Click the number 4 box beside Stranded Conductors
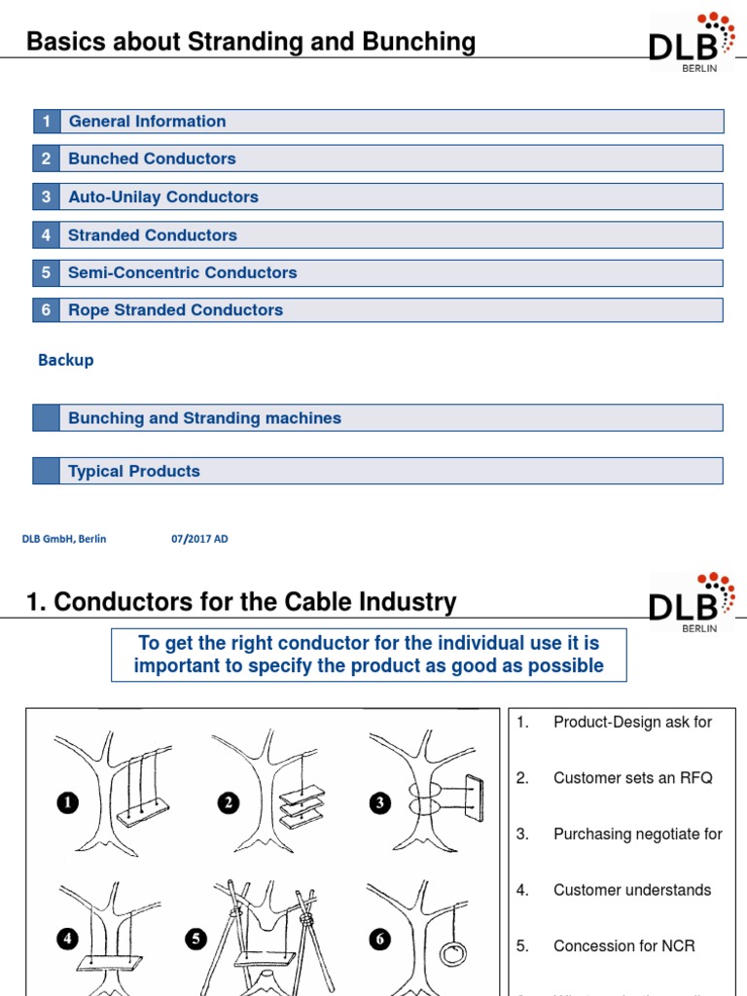pos(46,235)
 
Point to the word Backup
pos(66,360)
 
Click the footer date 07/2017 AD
pos(199,539)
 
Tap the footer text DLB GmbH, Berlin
pos(64,539)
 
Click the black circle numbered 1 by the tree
pos(68,802)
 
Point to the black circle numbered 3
pos(379,802)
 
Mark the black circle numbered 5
pos(196,939)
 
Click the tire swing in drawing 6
pos(452,952)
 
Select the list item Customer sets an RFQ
pos(632,778)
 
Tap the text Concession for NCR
pos(623,945)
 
